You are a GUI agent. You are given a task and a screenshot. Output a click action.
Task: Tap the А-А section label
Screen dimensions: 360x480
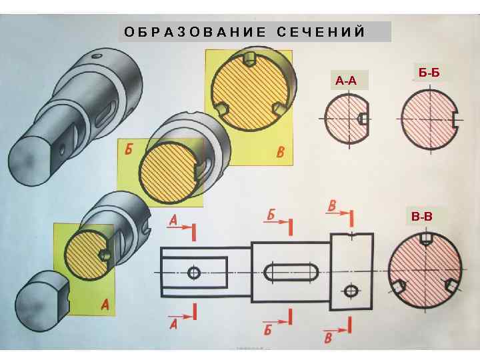[346, 81]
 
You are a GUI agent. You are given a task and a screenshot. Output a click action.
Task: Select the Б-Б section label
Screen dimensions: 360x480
[429, 71]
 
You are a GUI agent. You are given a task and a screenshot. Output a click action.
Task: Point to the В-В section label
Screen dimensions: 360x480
[421, 216]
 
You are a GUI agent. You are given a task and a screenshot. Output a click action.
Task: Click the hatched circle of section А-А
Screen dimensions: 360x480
[346, 118]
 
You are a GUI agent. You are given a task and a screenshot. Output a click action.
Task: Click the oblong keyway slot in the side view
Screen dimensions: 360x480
[291, 272]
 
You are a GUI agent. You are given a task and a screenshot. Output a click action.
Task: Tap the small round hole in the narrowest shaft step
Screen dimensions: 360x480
[194, 273]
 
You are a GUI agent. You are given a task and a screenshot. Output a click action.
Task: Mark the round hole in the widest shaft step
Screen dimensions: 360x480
[351, 291]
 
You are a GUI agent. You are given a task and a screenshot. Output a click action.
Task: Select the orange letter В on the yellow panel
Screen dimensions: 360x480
[281, 153]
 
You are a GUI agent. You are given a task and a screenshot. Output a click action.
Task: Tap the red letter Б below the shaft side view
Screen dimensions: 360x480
[268, 329]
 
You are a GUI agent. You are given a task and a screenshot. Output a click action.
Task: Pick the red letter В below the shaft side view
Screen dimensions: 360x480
[329, 338]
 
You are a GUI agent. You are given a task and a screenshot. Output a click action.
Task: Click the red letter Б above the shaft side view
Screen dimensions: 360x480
[271, 215]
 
